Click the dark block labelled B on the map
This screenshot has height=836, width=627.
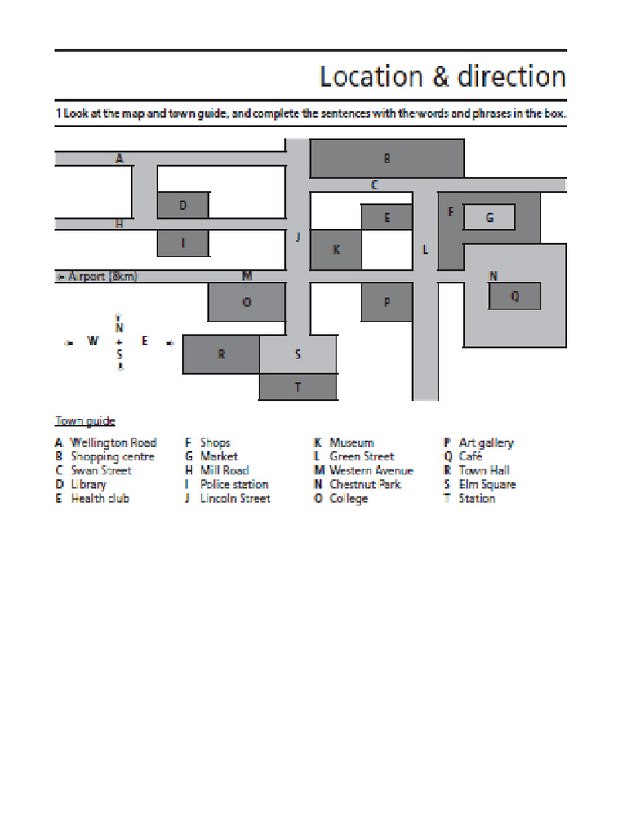pyautogui.click(x=387, y=158)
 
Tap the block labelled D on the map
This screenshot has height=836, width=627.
pyautogui.click(x=183, y=205)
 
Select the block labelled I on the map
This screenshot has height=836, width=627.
pyautogui.click(x=183, y=242)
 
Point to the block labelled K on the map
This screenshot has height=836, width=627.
pyautogui.click(x=336, y=250)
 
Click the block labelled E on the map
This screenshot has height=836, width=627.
pyautogui.click(x=387, y=217)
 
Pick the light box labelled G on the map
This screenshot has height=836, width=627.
pyautogui.click(x=489, y=217)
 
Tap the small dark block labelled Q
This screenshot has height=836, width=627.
pyautogui.click(x=514, y=296)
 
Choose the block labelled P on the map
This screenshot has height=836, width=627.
pyautogui.click(x=387, y=302)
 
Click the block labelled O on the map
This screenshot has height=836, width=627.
pyautogui.click(x=247, y=302)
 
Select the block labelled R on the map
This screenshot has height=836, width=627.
pyautogui.click(x=220, y=354)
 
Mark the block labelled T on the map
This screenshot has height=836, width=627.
pyautogui.click(x=297, y=387)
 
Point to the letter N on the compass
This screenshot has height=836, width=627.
pyautogui.click(x=120, y=327)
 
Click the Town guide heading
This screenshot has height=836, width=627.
pyautogui.click(x=85, y=421)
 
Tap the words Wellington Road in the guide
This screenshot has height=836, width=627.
pyautogui.click(x=113, y=442)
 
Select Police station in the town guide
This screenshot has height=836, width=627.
pyautogui.click(x=233, y=484)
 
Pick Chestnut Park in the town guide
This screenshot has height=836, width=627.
pyautogui.click(x=365, y=484)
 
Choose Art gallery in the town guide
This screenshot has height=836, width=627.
pyautogui.click(x=486, y=442)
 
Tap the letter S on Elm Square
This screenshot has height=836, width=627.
pyautogui.click(x=297, y=354)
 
